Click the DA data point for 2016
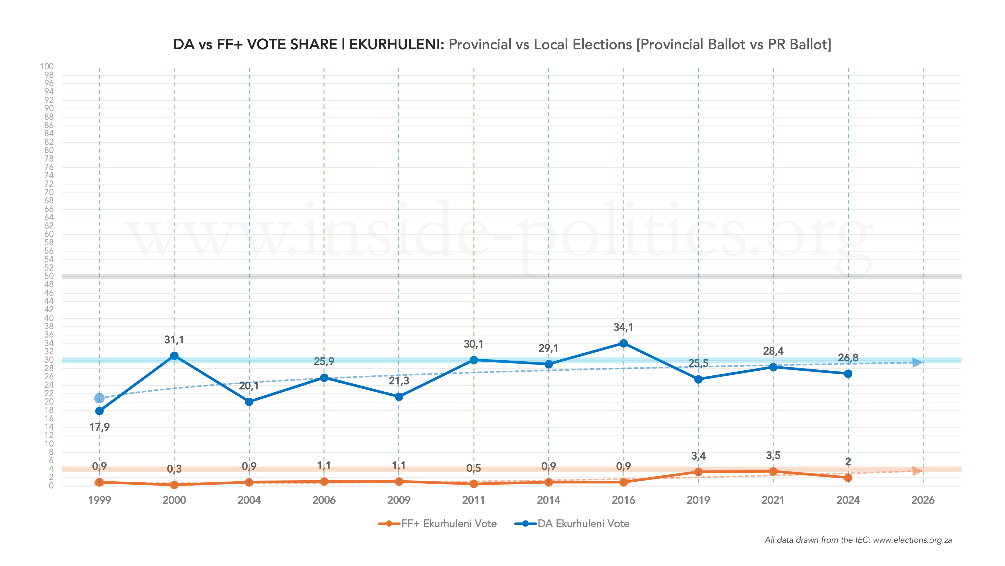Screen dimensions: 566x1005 623,343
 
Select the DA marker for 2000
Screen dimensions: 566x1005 174,356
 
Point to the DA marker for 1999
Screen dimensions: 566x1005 99,411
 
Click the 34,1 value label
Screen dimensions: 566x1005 623,327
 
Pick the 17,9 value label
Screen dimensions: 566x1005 99,427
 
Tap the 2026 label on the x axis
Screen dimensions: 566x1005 923,500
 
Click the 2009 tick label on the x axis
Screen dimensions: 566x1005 399,500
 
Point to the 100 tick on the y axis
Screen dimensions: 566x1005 47,66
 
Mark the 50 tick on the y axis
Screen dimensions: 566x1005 49,276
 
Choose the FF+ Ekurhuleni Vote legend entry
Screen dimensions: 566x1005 438,524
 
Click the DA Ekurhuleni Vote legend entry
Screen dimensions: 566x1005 572,524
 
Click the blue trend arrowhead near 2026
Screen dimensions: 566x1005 917,362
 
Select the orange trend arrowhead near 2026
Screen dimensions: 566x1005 917,471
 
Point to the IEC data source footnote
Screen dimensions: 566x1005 858,540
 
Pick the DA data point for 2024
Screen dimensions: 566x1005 848,374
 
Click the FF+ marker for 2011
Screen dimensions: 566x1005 474,484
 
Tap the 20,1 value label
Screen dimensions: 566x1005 249,386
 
